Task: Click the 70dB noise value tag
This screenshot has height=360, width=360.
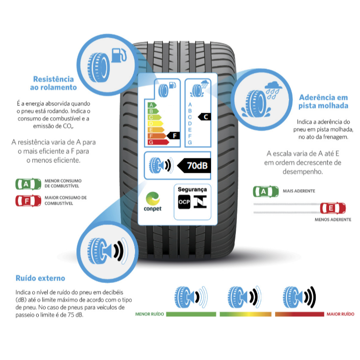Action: (x=194, y=165)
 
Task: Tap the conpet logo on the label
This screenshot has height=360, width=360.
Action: (x=152, y=202)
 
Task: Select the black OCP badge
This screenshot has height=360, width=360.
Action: (x=184, y=202)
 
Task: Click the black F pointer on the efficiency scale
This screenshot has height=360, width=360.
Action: (x=173, y=136)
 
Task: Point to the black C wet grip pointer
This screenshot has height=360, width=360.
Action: (x=205, y=117)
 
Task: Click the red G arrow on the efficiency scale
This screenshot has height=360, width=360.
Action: (x=158, y=142)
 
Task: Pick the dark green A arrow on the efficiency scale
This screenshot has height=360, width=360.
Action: (x=152, y=105)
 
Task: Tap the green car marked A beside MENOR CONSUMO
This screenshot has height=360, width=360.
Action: (x=28, y=184)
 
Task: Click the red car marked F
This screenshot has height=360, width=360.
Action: (x=28, y=201)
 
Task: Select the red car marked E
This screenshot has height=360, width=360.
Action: (x=333, y=208)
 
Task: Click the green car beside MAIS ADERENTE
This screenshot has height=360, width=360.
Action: (x=266, y=192)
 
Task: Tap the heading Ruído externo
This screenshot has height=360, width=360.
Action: (x=40, y=278)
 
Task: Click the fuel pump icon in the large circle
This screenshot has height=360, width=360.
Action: (x=119, y=55)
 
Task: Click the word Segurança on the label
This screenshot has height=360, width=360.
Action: (x=192, y=190)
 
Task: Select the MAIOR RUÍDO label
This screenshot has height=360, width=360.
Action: (x=340, y=314)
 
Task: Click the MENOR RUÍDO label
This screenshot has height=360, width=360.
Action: (x=149, y=314)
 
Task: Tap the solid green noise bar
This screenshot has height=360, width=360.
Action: (x=191, y=314)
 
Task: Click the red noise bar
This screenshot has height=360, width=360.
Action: (x=299, y=314)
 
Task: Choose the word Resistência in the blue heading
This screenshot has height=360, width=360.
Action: (x=54, y=79)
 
